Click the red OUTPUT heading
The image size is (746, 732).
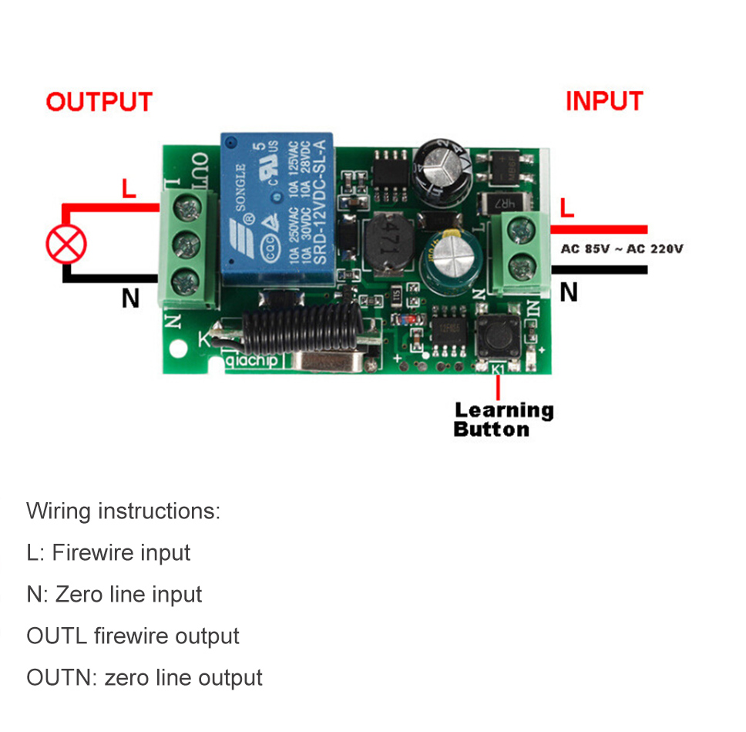click(99, 102)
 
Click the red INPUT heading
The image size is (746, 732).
click(603, 101)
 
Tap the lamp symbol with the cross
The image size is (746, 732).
click(66, 245)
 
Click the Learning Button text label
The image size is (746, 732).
click(503, 420)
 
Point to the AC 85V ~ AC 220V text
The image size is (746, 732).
click(622, 248)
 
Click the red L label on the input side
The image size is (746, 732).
click(567, 207)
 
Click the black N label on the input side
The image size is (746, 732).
click(568, 292)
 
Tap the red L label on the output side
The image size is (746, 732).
click(129, 188)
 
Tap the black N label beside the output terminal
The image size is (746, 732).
click(130, 298)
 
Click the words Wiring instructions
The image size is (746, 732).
click(123, 511)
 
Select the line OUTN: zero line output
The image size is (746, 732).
click(144, 677)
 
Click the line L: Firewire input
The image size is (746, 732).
click(108, 552)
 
